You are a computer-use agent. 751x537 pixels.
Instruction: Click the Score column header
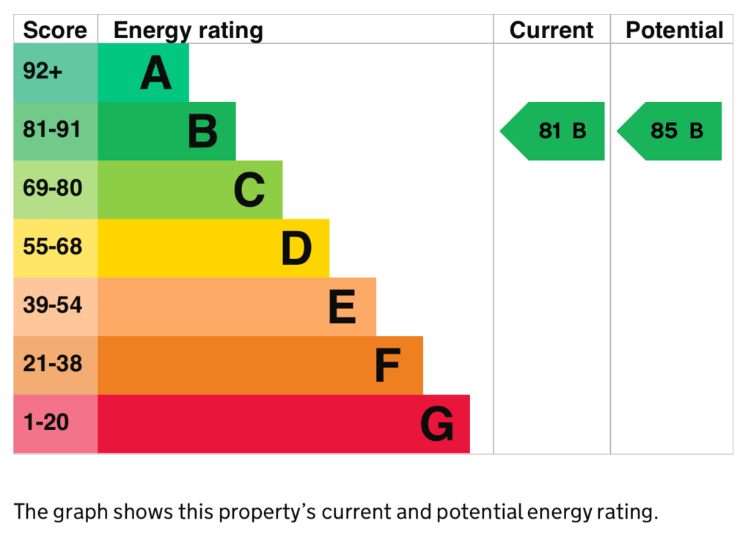click(x=55, y=30)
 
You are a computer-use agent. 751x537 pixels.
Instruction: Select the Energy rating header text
click(x=188, y=31)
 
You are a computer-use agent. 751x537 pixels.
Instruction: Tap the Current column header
click(x=552, y=30)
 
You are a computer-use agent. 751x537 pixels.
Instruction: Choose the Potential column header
click(x=675, y=30)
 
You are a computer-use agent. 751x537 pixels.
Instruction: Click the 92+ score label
click(x=43, y=71)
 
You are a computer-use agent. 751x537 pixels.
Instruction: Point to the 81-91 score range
click(x=52, y=130)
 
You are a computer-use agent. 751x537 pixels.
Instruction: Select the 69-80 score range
click(x=53, y=189)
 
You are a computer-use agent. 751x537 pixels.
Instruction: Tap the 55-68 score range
click(x=53, y=246)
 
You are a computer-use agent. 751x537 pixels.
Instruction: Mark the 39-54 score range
click(x=53, y=305)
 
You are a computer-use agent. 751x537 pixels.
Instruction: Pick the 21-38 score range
click(x=53, y=364)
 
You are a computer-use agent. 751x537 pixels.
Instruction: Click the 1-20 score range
click(x=46, y=423)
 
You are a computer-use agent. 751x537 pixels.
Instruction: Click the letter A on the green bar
click(x=155, y=73)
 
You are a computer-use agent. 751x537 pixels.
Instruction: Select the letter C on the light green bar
click(x=249, y=190)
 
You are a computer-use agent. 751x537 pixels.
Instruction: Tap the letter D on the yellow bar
click(x=296, y=248)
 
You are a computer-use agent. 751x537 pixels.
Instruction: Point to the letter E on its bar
click(x=342, y=307)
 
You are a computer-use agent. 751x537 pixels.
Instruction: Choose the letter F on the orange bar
click(x=387, y=365)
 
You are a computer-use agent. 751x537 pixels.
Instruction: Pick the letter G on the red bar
click(x=437, y=423)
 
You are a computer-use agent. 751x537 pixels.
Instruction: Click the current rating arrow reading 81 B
click(x=552, y=131)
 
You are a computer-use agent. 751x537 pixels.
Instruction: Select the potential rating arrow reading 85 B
click(x=669, y=131)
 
